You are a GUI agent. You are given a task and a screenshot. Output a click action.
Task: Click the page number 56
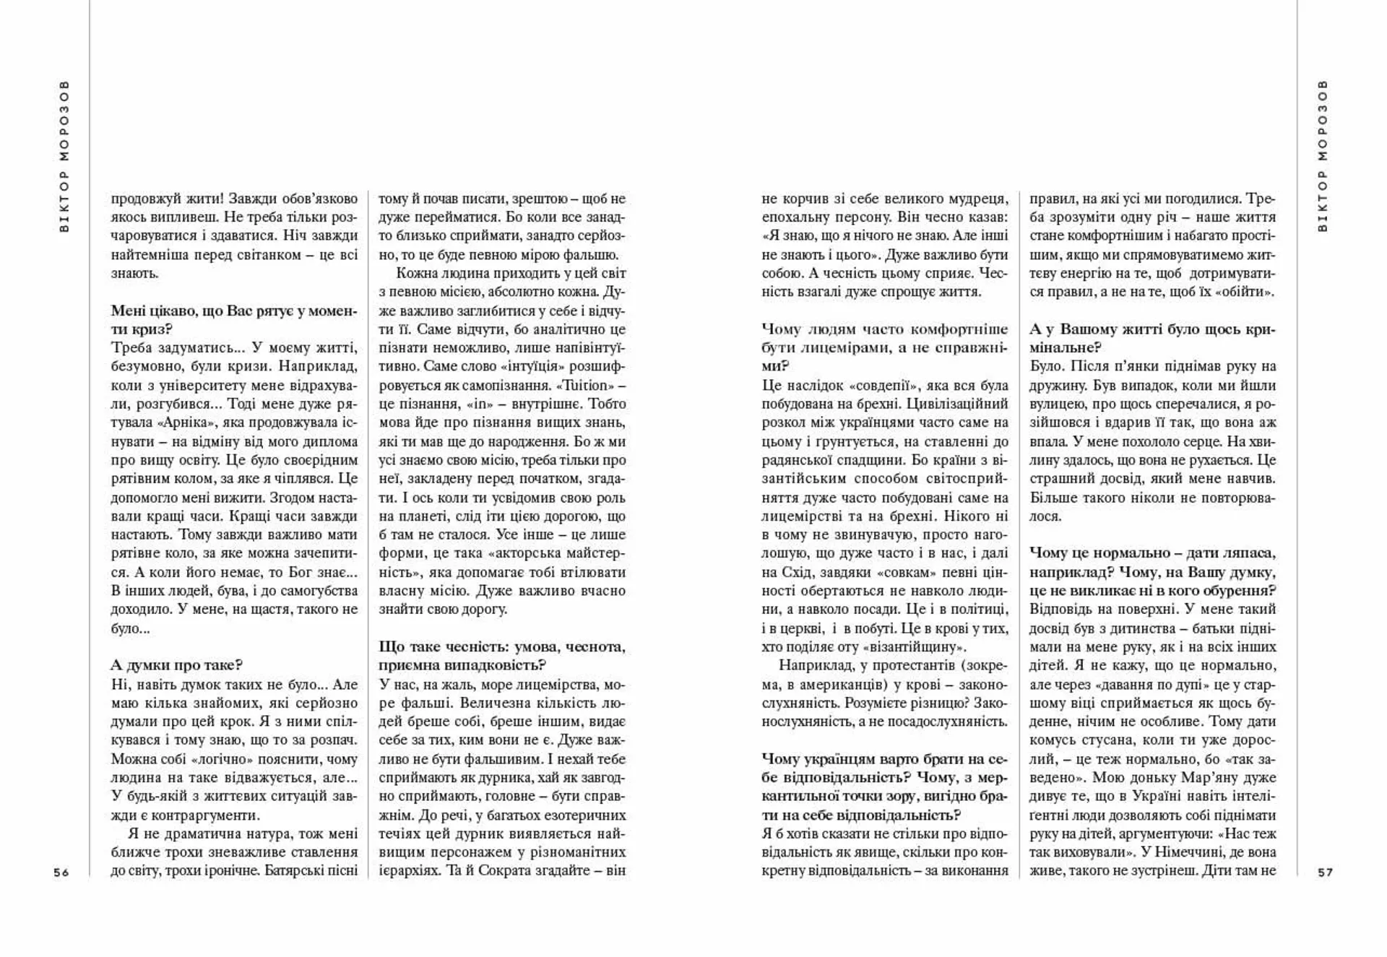[x=61, y=872]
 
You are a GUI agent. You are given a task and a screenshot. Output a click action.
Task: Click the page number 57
[x=1325, y=872]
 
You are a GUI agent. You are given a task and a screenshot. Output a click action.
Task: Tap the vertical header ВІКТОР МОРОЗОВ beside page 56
[x=64, y=156]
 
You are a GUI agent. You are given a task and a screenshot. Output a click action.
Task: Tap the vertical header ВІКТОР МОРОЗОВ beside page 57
[x=1323, y=156]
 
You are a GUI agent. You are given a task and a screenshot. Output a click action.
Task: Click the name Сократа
[x=501, y=870]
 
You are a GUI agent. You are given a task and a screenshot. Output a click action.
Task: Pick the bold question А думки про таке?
[x=177, y=665]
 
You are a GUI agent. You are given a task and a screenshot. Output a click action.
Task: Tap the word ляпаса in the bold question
[x=1250, y=553]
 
